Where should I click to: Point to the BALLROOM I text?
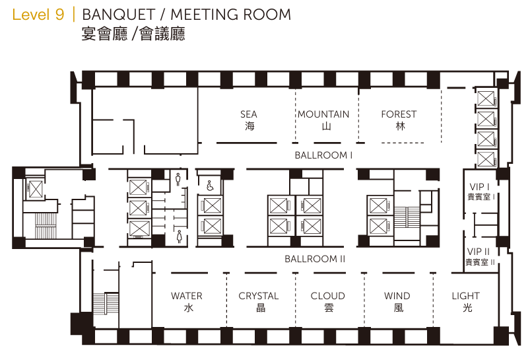coord(323,155)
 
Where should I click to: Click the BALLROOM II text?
coord(315,259)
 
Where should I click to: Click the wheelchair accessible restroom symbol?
coord(210,186)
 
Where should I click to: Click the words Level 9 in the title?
coord(38,15)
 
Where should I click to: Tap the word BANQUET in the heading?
coord(119,15)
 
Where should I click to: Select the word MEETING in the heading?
coord(205,15)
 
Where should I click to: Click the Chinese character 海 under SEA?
coord(249,126)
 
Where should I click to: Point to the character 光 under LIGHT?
coord(467,308)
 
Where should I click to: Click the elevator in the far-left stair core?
coord(35,188)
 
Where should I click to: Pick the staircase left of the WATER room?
coord(106,303)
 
